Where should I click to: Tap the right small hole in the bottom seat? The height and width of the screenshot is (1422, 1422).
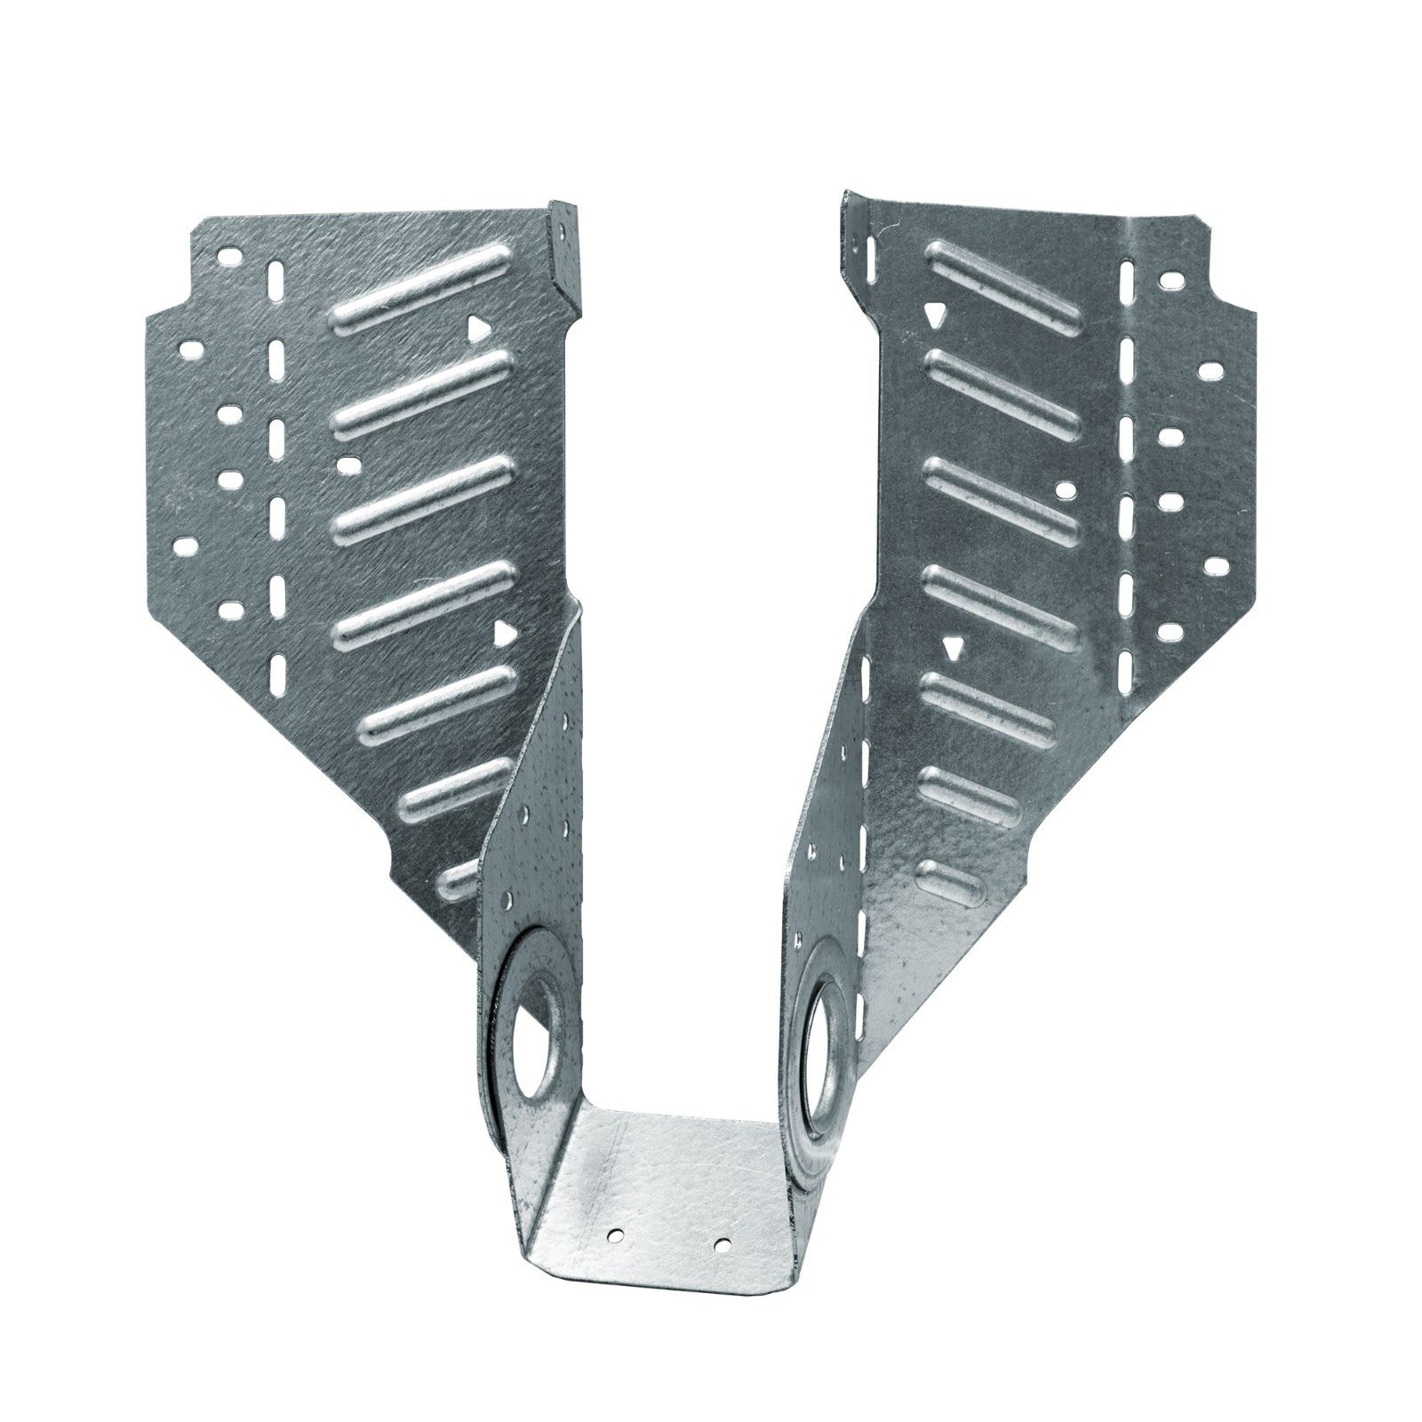point(722,1242)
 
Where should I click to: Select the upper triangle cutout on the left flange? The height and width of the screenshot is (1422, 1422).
point(478,330)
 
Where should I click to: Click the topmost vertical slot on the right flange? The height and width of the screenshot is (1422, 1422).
point(1129,276)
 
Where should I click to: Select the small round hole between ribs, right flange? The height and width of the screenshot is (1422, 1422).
point(1060,488)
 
